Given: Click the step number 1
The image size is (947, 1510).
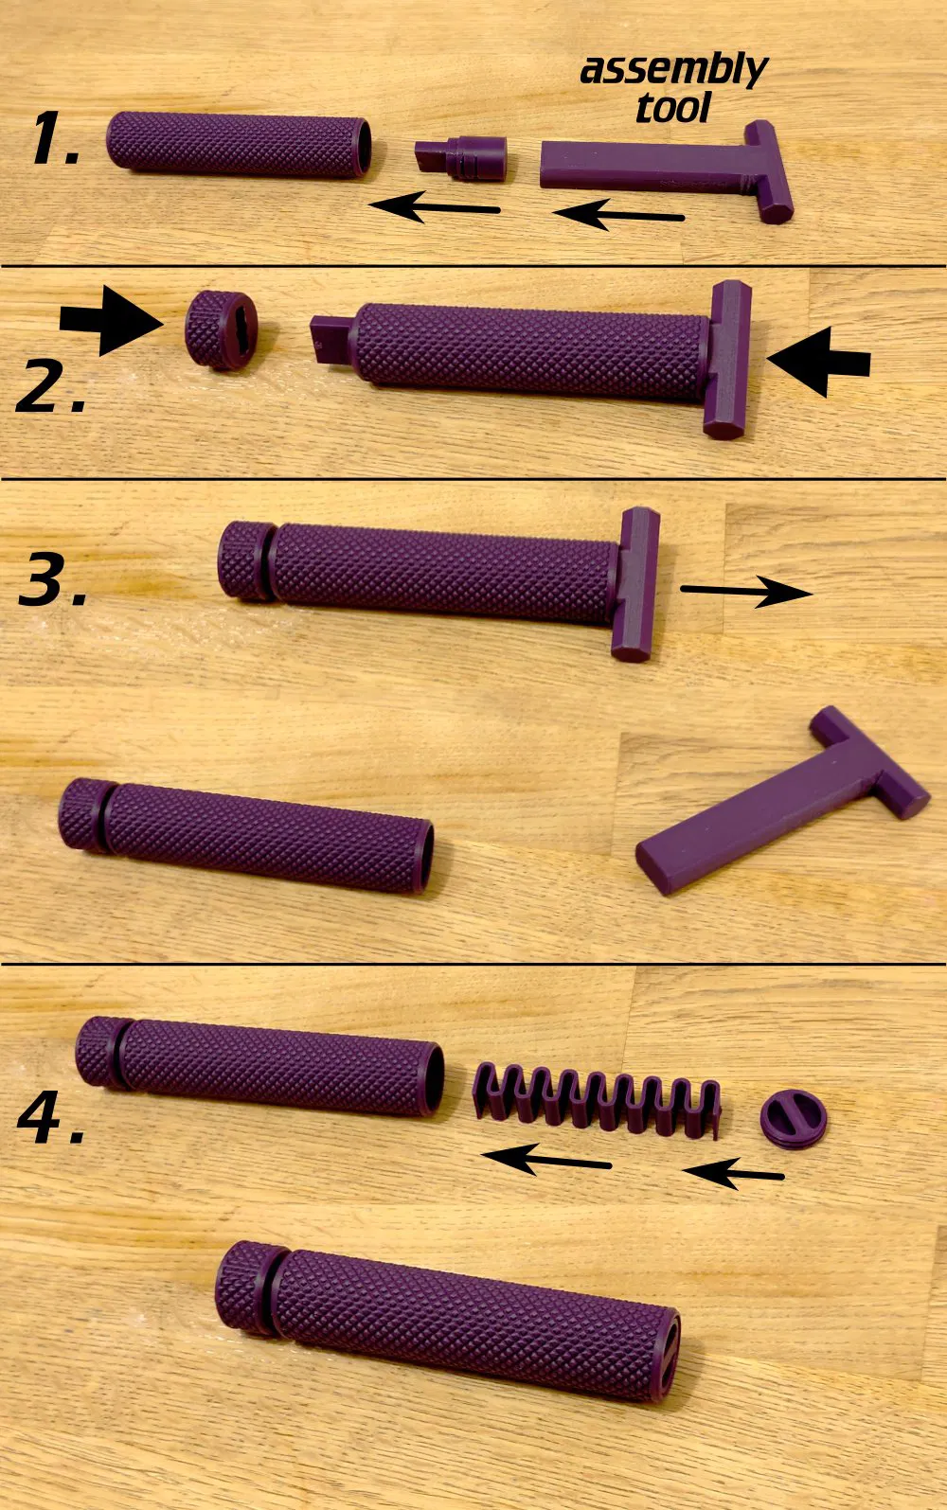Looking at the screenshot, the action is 55,138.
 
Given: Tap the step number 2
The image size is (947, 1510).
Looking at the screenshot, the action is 51,385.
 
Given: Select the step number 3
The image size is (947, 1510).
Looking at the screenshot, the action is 53,577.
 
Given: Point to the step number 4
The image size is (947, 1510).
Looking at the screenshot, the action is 51,1118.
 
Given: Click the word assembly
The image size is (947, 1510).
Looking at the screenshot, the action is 674,71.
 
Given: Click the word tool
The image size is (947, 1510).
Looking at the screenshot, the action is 673,108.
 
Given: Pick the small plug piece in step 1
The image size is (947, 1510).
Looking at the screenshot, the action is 460,159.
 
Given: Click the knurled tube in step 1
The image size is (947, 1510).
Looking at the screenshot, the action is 239,145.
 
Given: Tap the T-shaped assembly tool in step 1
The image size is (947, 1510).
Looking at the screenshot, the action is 668,170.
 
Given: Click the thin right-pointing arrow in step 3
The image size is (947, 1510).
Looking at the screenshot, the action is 746,591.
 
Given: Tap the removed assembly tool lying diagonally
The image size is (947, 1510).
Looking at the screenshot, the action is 782,802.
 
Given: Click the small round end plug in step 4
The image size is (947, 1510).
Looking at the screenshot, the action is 794,1119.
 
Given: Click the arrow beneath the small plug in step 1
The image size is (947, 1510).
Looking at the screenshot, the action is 435,206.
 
